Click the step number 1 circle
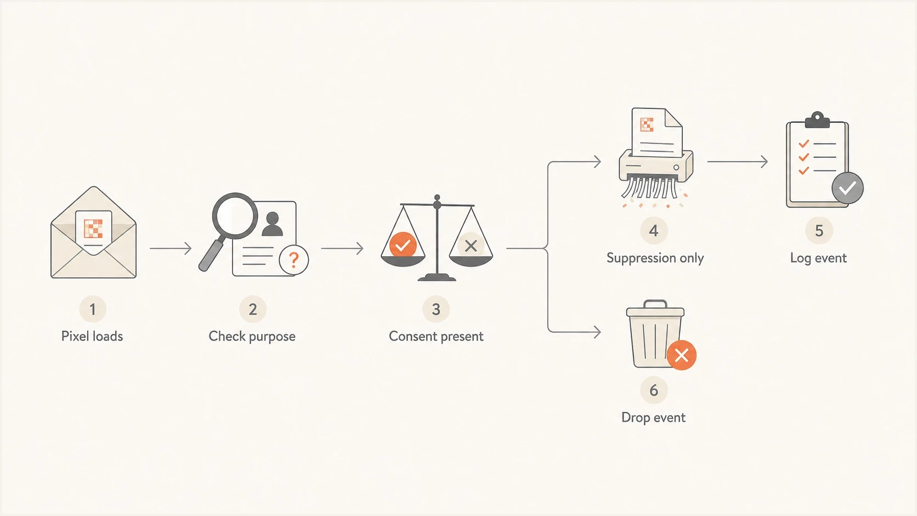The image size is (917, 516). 93,309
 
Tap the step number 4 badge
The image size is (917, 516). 654,231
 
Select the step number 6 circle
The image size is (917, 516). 654,390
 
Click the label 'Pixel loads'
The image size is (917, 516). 92,336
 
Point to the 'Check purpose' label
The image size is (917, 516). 252,336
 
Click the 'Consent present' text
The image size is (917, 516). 436,336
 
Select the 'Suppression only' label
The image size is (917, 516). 655,258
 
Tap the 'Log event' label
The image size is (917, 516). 818,258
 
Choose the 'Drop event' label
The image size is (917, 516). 653,417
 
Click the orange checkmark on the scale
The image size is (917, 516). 403,245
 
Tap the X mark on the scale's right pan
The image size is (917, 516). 471,246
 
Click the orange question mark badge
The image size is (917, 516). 293,259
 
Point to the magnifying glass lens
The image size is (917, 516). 235,216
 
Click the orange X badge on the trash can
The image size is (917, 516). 681,355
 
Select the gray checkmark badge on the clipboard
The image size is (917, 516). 847,188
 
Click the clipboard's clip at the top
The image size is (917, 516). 817,120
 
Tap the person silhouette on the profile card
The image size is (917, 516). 272,224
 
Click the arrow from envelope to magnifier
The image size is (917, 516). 171,248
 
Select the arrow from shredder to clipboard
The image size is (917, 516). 737,162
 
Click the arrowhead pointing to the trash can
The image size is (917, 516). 597,331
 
